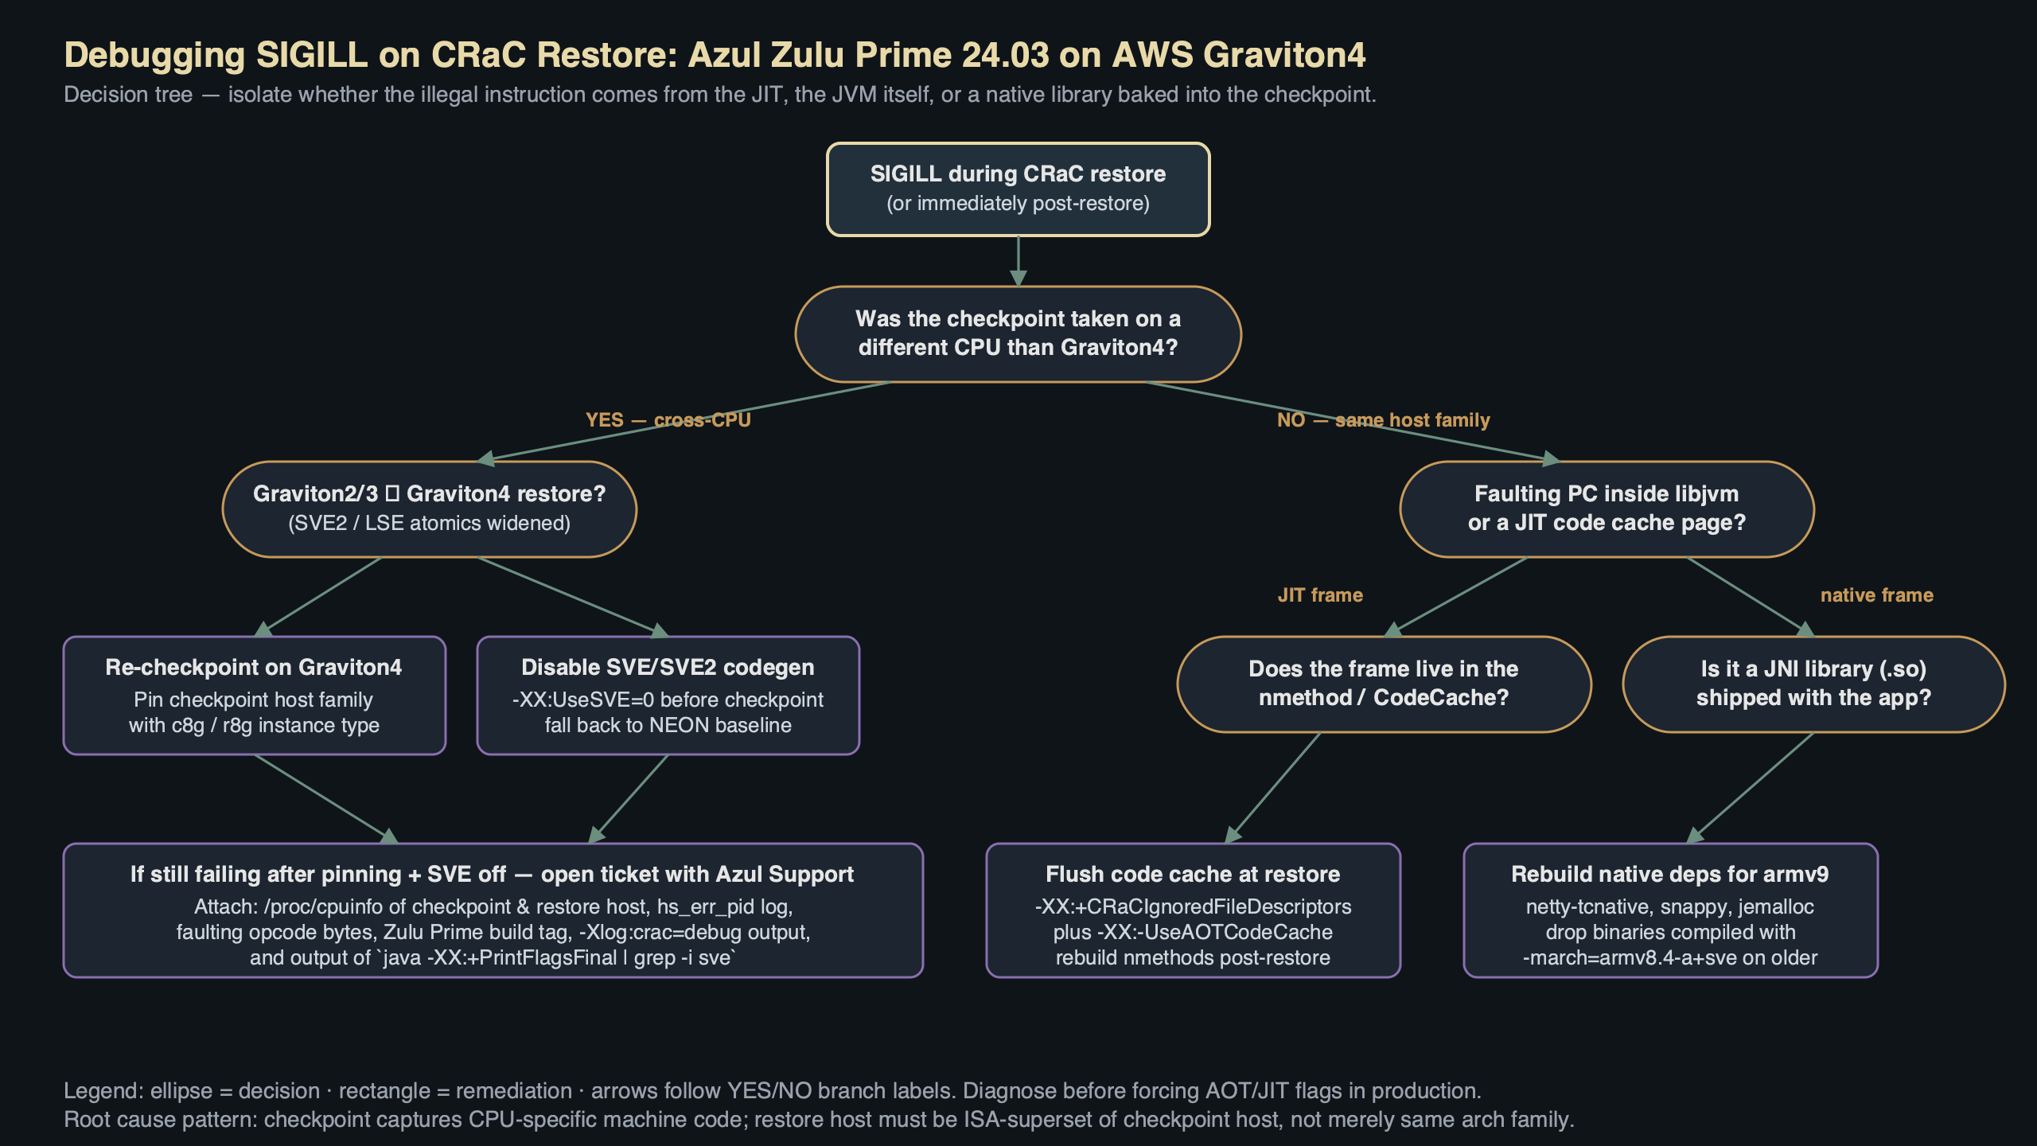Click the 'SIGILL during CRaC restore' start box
tap(1018, 189)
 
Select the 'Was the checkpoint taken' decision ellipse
tap(1018, 333)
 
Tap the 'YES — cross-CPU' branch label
tap(668, 419)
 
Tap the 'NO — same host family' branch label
tap(1383, 419)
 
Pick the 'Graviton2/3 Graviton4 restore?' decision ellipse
tap(429, 509)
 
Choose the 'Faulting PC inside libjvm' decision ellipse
tap(1607, 509)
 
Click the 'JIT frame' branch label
tap(1320, 594)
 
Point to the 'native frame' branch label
tap(1876, 594)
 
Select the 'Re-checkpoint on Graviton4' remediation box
tap(254, 695)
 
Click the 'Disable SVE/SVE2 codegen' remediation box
tap(668, 695)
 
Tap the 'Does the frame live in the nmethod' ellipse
tap(1384, 684)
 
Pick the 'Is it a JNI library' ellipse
tap(1813, 684)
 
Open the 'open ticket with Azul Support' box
tap(493, 910)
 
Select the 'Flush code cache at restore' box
tap(1193, 910)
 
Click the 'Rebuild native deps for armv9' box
tap(1670, 910)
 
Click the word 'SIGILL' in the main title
tap(312, 55)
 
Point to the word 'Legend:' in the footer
tap(103, 1090)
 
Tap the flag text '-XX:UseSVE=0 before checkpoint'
tap(668, 700)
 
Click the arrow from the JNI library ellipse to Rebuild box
tap(1751, 788)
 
